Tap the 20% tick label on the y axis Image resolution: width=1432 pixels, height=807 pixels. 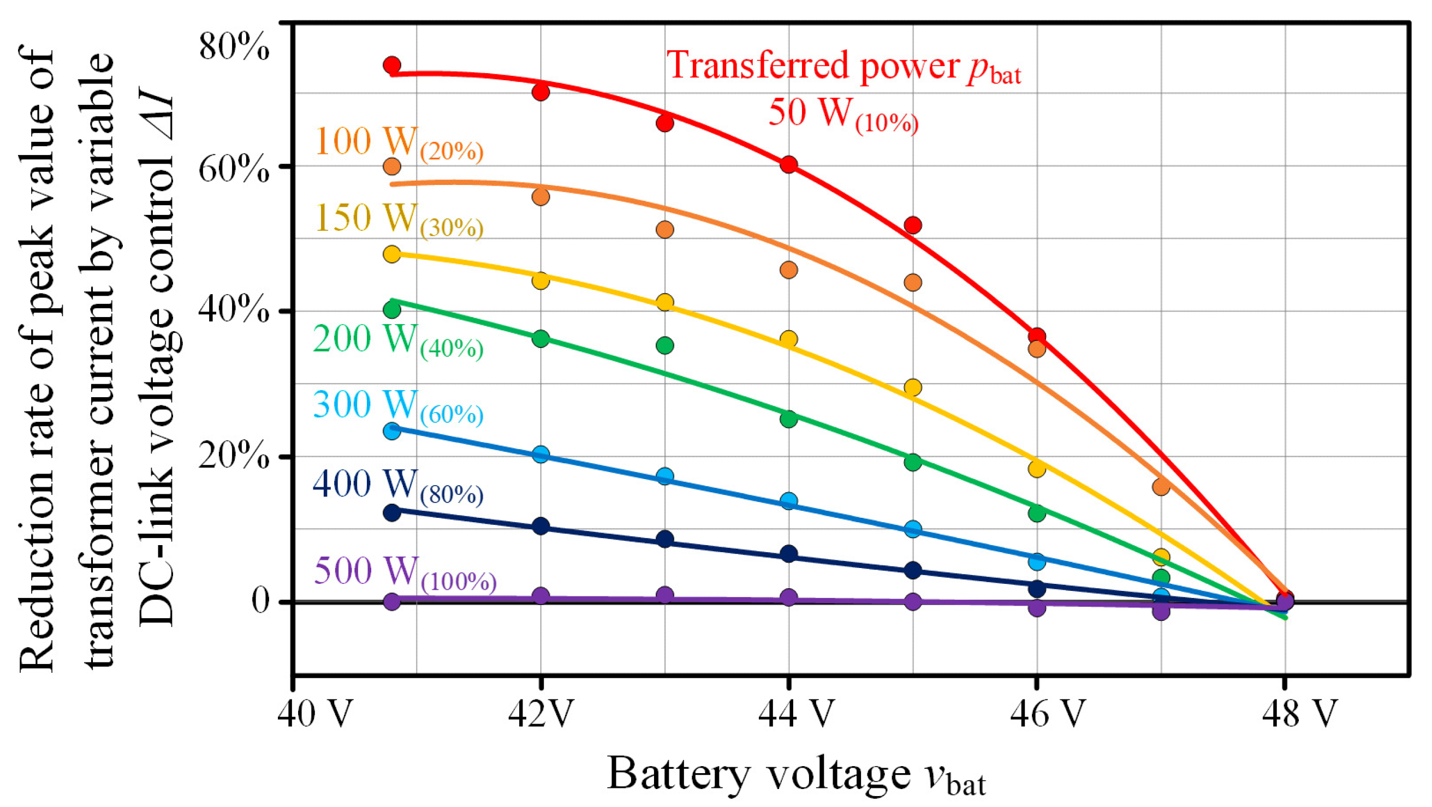click(x=234, y=457)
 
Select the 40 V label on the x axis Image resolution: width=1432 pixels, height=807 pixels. click(x=315, y=713)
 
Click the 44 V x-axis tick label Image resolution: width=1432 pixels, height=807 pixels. click(x=796, y=713)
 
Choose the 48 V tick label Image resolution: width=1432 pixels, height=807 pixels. click(x=1299, y=713)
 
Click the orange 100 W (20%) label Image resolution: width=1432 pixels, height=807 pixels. click(x=399, y=143)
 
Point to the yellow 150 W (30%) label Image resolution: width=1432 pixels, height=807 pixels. click(x=399, y=219)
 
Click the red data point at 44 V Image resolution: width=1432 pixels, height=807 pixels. click(x=789, y=165)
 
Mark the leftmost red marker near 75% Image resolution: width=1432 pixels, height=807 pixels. click(x=392, y=65)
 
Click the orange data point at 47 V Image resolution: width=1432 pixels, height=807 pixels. click(x=1161, y=487)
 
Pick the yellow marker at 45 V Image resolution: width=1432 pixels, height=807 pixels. click(x=913, y=387)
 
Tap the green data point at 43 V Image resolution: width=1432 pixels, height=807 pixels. click(x=665, y=346)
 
